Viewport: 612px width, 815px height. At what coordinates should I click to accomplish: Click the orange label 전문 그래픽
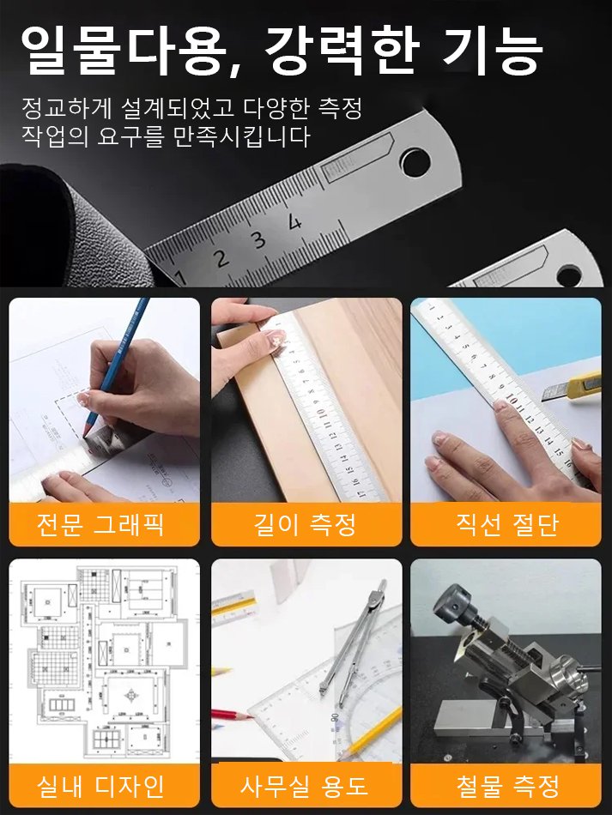(x=104, y=524)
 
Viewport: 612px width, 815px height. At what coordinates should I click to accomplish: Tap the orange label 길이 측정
(x=306, y=524)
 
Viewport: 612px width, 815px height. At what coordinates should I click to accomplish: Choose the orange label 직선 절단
(x=506, y=524)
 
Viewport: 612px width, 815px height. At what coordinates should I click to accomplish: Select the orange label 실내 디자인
(x=104, y=785)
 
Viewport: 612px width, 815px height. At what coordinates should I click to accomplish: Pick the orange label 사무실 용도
(x=306, y=785)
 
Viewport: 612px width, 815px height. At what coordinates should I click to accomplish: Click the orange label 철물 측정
(x=506, y=785)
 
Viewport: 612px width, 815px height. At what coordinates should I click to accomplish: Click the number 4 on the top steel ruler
(x=294, y=222)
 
